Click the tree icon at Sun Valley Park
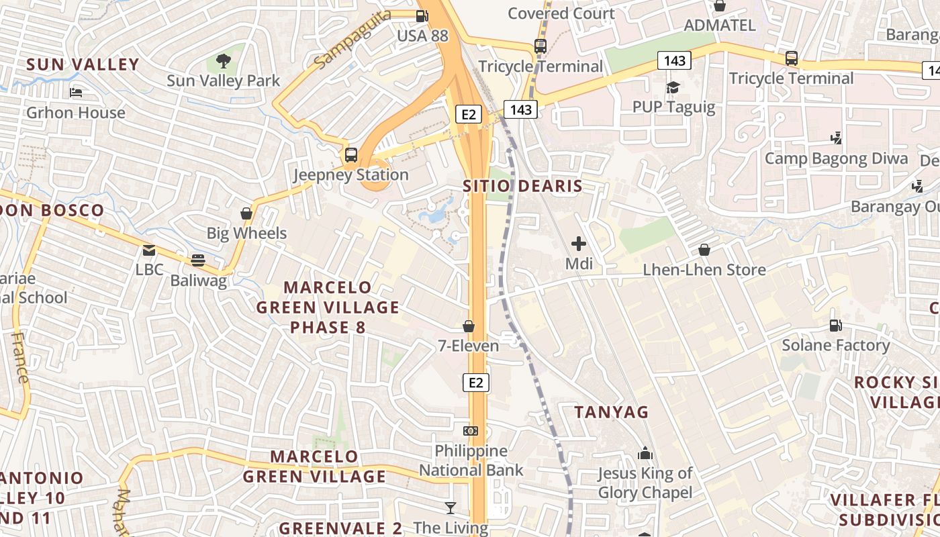(x=224, y=62)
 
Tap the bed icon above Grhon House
(x=76, y=92)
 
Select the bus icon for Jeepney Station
(x=351, y=155)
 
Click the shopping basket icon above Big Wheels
(x=246, y=213)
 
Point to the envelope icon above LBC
(x=149, y=250)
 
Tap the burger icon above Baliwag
(x=197, y=260)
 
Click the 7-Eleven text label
(x=469, y=346)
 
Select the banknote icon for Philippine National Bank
(x=471, y=430)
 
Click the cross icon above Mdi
(x=579, y=244)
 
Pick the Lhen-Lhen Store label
(x=704, y=270)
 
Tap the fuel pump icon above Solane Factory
(x=836, y=326)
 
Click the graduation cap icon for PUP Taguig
(x=673, y=87)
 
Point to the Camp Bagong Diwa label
(x=836, y=159)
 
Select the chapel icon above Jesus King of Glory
(x=645, y=453)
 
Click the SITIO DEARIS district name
(x=522, y=186)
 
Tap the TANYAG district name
(x=611, y=411)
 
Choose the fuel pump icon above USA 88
(x=422, y=16)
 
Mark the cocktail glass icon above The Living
(x=451, y=508)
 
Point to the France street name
(x=21, y=358)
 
